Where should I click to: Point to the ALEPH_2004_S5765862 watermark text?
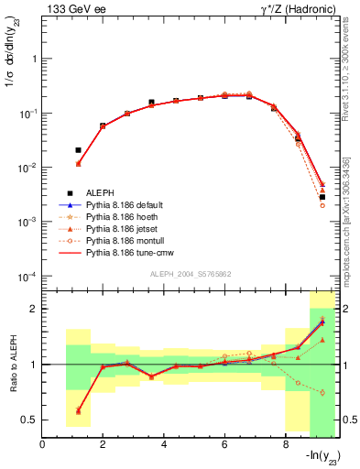189,275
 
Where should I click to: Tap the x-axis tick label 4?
164,445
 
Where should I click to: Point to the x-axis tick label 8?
286,445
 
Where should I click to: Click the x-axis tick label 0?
43,445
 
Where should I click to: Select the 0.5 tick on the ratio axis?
30,420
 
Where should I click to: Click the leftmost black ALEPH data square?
78,149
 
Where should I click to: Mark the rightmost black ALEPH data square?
322,197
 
